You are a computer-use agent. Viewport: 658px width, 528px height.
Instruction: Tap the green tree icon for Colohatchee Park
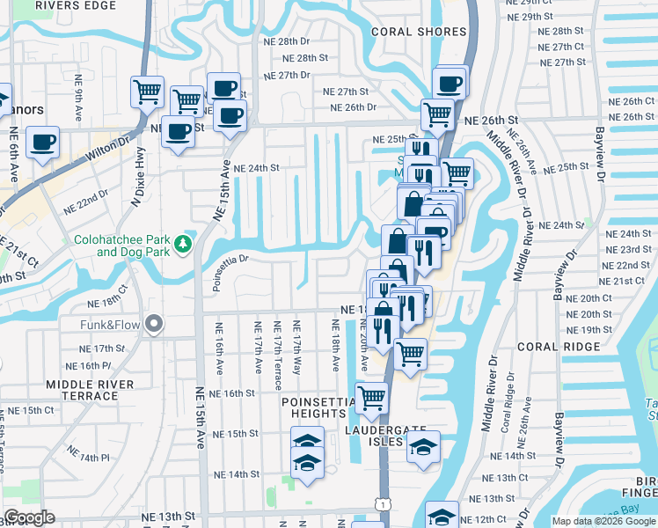tap(184, 242)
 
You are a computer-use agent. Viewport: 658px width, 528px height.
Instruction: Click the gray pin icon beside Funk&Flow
tap(155, 325)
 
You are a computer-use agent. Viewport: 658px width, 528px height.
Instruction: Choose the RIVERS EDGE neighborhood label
tap(75, 5)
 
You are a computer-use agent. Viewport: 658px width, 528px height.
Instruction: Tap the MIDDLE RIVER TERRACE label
tap(90, 390)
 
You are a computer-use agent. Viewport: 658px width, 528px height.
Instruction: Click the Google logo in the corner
tap(28, 517)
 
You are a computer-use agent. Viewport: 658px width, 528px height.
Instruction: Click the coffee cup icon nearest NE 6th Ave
tap(41, 142)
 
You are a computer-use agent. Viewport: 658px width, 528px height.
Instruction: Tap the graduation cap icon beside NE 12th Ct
tap(442, 515)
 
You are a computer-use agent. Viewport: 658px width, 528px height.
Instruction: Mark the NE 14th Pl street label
tap(91, 458)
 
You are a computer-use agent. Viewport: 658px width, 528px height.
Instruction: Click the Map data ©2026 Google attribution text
tap(603, 521)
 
